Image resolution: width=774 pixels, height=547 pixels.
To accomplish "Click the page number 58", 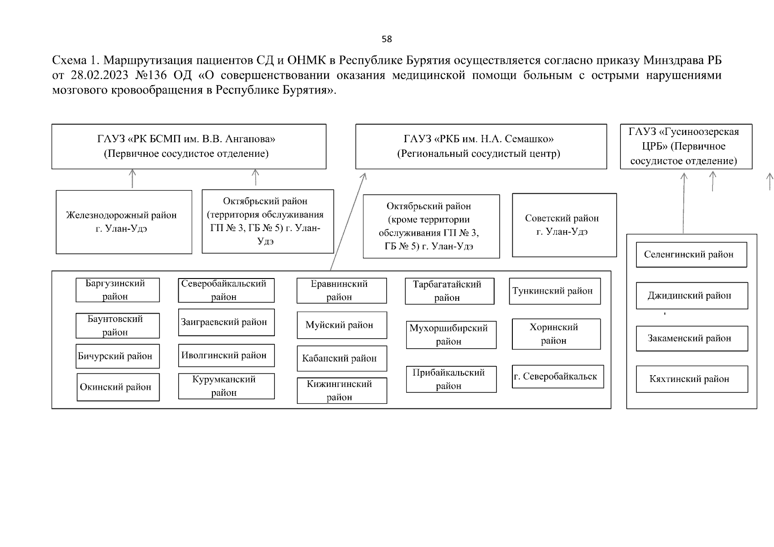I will (387, 39).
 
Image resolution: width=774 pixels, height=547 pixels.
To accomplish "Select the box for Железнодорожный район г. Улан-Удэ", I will (124, 222).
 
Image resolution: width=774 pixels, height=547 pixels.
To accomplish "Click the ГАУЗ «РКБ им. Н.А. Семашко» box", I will (481, 146).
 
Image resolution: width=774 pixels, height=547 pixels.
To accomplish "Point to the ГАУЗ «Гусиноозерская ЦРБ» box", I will (686, 146).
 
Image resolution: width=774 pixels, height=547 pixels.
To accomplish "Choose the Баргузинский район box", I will (118, 290).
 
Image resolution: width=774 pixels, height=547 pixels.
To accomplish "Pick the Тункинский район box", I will (554, 291).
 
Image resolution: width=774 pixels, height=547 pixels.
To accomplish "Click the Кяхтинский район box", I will (691, 379).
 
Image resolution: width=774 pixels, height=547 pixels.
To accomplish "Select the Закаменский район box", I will (691, 338).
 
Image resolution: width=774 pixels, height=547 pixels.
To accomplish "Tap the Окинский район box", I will (118, 387).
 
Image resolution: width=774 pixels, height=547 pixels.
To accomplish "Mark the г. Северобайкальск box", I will (557, 377).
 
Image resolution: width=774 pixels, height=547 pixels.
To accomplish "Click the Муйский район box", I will (341, 325).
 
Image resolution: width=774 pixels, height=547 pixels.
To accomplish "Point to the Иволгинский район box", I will (226, 355).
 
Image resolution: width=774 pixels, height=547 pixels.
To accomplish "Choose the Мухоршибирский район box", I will (451, 335).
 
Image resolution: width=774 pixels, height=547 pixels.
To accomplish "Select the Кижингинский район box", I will (341, 390).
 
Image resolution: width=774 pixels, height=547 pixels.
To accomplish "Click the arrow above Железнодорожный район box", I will (132, 178).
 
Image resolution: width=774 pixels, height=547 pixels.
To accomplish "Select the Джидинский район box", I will (691, 295).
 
